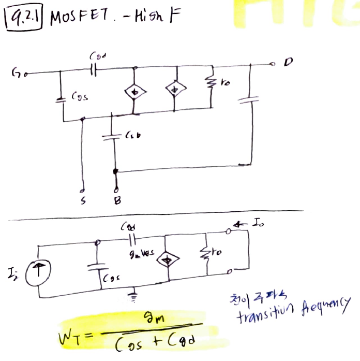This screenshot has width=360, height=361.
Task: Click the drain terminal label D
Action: tap(288, 63)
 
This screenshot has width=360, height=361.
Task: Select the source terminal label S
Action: tap(82, 201)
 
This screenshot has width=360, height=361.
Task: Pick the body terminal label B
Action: tap(117, 201)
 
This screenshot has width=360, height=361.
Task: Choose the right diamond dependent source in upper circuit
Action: tap(175, 88)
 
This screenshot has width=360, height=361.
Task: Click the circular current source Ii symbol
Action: tap(38, 269)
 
